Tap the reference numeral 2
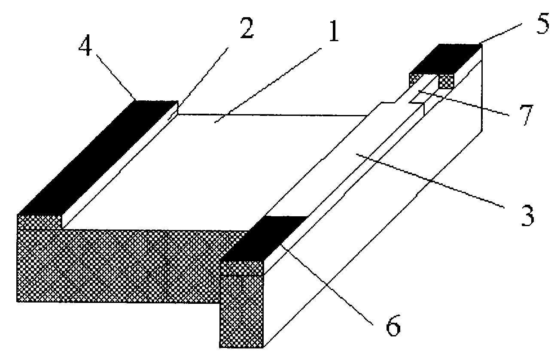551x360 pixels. click(247, 29)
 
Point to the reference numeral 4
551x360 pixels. click(85, 47)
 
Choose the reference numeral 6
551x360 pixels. click(393, 325)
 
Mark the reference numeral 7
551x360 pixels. click(526, 115)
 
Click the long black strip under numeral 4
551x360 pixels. click(98, 157)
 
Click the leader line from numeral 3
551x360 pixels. click(430, 181)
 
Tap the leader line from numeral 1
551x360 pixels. click(268, 85)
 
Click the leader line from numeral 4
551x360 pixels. click(116, 78)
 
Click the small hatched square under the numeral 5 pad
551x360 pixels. click(447, 82)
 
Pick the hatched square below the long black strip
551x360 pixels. click(40, 222)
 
